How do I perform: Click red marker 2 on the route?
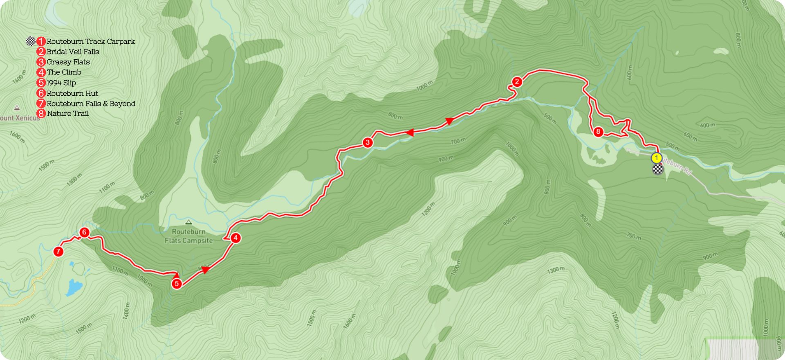pos(517,82)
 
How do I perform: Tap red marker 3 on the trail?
pos(368,142)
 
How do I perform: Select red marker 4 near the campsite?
pos(235,238)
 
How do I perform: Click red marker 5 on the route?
pos(177,283)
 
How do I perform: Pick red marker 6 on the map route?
pos(84,232)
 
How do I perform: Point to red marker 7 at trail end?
pos(58,251)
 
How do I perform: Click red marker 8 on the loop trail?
pos(598,132)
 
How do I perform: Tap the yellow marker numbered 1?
pos(656,158)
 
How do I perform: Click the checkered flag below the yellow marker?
pos(657,169)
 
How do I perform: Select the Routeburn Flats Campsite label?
pos(188,236)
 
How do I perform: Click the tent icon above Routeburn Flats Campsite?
pos(188,222)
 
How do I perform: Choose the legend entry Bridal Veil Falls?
pos(73,52)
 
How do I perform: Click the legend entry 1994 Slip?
pos(61,83)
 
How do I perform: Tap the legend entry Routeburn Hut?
pos(72,93)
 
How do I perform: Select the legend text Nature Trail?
pos(68,113)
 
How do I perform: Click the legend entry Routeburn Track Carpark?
pos(91,41)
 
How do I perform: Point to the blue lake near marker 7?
pos(74,287)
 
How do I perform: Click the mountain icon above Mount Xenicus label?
pos(17,108)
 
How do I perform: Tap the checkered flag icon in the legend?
pos(31,41)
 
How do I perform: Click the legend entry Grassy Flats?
pos(68,62)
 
